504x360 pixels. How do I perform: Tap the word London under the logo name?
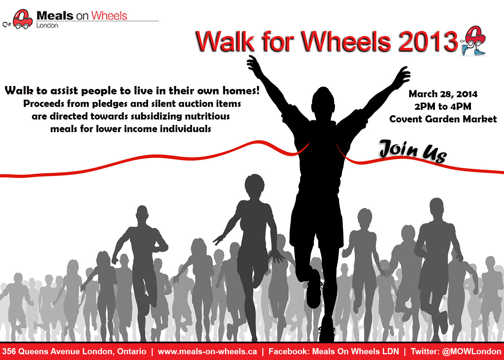(x=47, y=26)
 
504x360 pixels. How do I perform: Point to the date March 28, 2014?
(x=443, y=94)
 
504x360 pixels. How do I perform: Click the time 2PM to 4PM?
(x=443, y=107)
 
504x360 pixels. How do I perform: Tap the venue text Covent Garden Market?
(x=443, y=119)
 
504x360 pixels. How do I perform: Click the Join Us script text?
(x=413, y=151)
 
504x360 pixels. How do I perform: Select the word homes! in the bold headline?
(x=241, y=91)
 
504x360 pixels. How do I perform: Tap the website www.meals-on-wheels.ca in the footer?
(x=207, y=351)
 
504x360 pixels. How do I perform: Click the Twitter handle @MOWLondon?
(x=472, y=351)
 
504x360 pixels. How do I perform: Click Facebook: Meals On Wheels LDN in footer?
(x=334, y=351)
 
